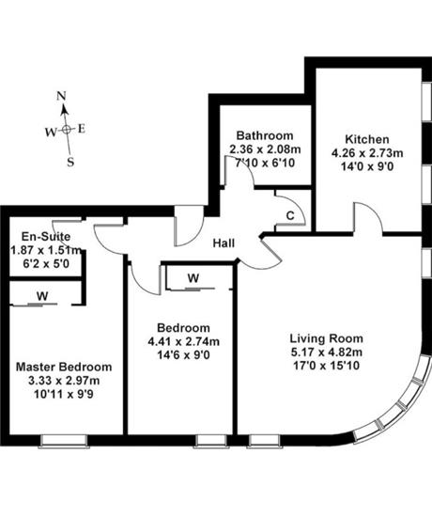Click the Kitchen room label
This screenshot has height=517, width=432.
(x=367, y=139)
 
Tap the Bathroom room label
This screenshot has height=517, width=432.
(x=265, y=135)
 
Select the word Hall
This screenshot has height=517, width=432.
(x=224, y=243)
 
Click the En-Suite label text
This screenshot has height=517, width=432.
(x=46, y=236)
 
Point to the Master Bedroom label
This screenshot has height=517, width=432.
(x=64, y=367)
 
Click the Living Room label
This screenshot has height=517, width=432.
(x=327, y=338)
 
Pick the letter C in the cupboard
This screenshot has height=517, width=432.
(x=290, y=216)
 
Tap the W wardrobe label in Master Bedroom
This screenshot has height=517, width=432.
(x=42, y=296)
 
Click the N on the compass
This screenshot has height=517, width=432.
(x=61, y=96)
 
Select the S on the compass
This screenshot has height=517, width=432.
(x=70, y=162)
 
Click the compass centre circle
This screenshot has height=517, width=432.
(x=67, y=130)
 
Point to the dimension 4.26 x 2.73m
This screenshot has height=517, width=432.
(x=367, y=153)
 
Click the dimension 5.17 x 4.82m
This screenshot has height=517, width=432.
(x=327, y=352)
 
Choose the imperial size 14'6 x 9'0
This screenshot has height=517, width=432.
(x=184, y=355)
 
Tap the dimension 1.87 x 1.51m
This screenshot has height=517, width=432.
(x=46, y=250)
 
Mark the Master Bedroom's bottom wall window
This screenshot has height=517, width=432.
(x=64, y=441)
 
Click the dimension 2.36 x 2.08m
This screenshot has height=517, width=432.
(x=265, y=149)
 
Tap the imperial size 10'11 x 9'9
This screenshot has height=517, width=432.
(x=64, y=395)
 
